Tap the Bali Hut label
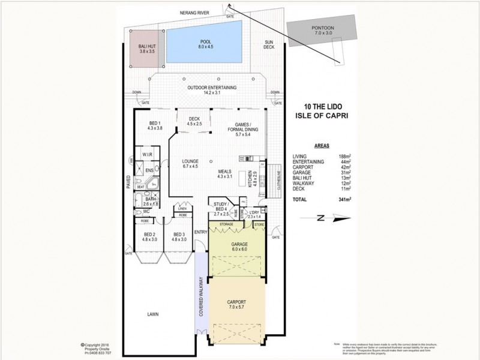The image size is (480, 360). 147,49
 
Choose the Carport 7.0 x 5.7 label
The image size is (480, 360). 238,304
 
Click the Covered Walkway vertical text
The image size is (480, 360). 202,296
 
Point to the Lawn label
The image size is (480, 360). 154,314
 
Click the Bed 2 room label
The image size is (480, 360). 149,236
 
